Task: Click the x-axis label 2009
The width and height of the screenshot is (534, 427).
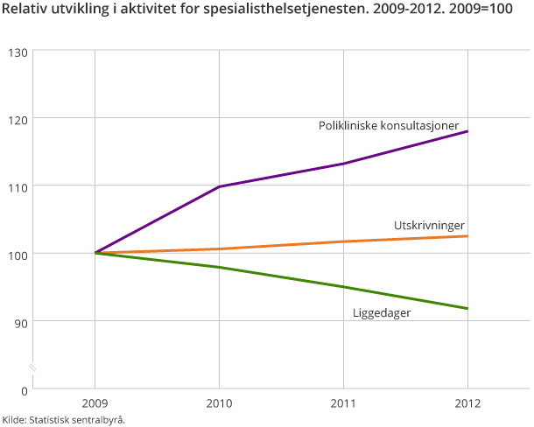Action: pos(95,404)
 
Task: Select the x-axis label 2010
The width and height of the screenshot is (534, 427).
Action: pos(219,404)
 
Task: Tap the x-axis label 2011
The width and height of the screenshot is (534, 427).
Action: pos(343,404)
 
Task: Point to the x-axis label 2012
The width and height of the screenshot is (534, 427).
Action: pos(467,404)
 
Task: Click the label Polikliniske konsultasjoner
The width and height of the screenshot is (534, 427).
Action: pos(388,126)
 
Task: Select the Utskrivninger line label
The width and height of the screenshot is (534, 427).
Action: pos(429,225)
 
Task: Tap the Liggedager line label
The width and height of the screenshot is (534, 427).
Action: pos(382,312)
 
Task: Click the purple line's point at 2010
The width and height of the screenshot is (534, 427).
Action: pos(219,186)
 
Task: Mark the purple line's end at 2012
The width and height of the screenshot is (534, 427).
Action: pos(467,131)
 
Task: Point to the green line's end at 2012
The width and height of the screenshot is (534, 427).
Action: pos(467,308)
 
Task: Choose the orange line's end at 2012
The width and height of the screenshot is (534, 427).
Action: pos(467,236)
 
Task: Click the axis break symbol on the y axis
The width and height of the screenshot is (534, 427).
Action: pos(32,367)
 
